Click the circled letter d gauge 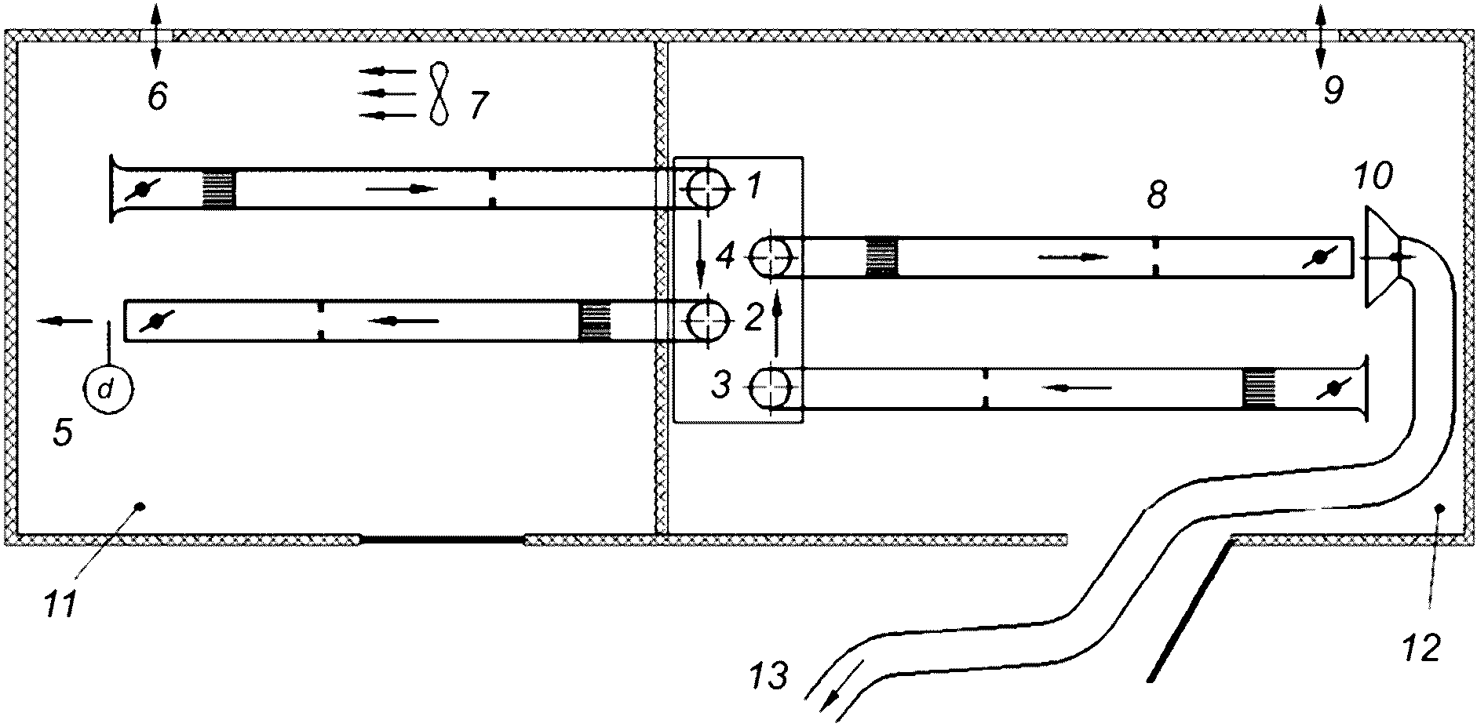(109, 390)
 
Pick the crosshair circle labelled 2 (709, 320)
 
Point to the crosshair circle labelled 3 (774, 387)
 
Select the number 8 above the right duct (1157, 195)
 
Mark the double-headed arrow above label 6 (155, 34)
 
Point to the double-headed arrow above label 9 (1321, 34)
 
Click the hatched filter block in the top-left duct (219, 189)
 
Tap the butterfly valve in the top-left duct (142, 189)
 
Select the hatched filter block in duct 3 (1259, 388)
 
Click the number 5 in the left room (63, 432)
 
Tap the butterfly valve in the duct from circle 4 (1319, 256)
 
